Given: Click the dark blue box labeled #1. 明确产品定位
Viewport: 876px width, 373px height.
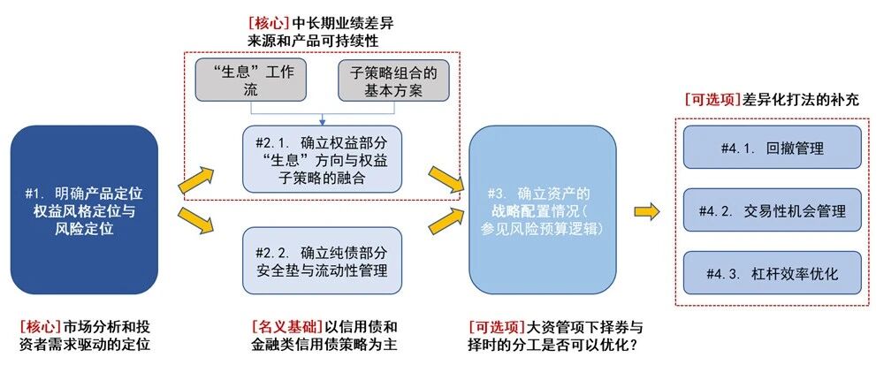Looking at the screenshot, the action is pos(84,209).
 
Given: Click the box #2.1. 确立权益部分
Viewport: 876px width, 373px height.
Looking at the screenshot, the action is pos(322,158).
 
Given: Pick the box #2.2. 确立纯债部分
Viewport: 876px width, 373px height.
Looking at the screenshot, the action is pos(322,260).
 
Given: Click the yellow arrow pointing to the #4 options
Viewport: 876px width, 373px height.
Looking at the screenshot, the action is pos(648,211).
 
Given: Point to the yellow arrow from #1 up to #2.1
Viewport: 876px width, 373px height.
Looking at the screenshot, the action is pos(196,179).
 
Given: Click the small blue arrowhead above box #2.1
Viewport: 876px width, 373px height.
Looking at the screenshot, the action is pos(322,121).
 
